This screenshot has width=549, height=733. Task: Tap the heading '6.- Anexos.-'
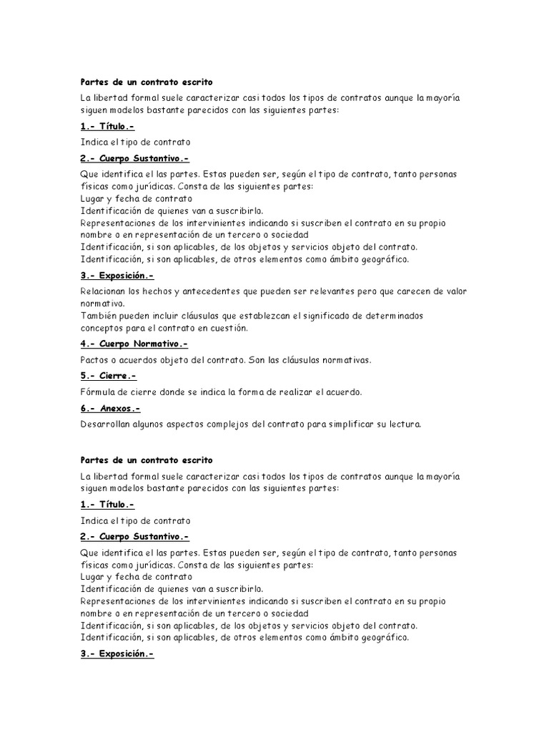(110, 408)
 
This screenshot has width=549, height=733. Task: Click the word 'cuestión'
(227, 327)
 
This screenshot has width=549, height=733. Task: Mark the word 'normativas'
(345, 359)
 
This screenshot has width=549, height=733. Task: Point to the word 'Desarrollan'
(107, 424)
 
